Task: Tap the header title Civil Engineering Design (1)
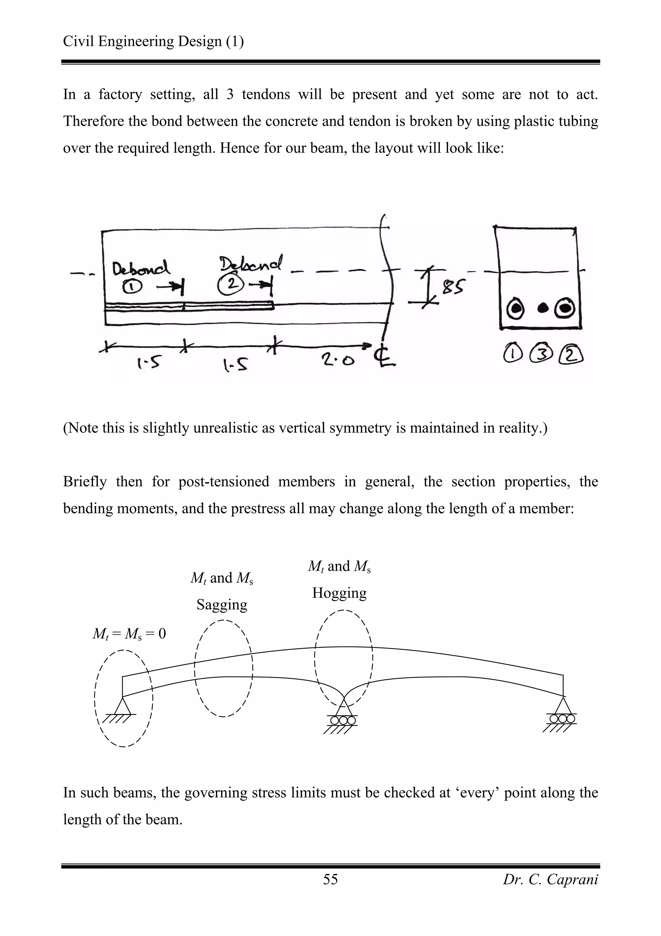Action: coord(153,41)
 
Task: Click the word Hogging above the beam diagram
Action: coord(339,593)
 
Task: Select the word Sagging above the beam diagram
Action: coord(222,604)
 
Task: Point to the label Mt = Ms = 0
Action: coord(129,633)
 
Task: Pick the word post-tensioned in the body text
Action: coord(224,482)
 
